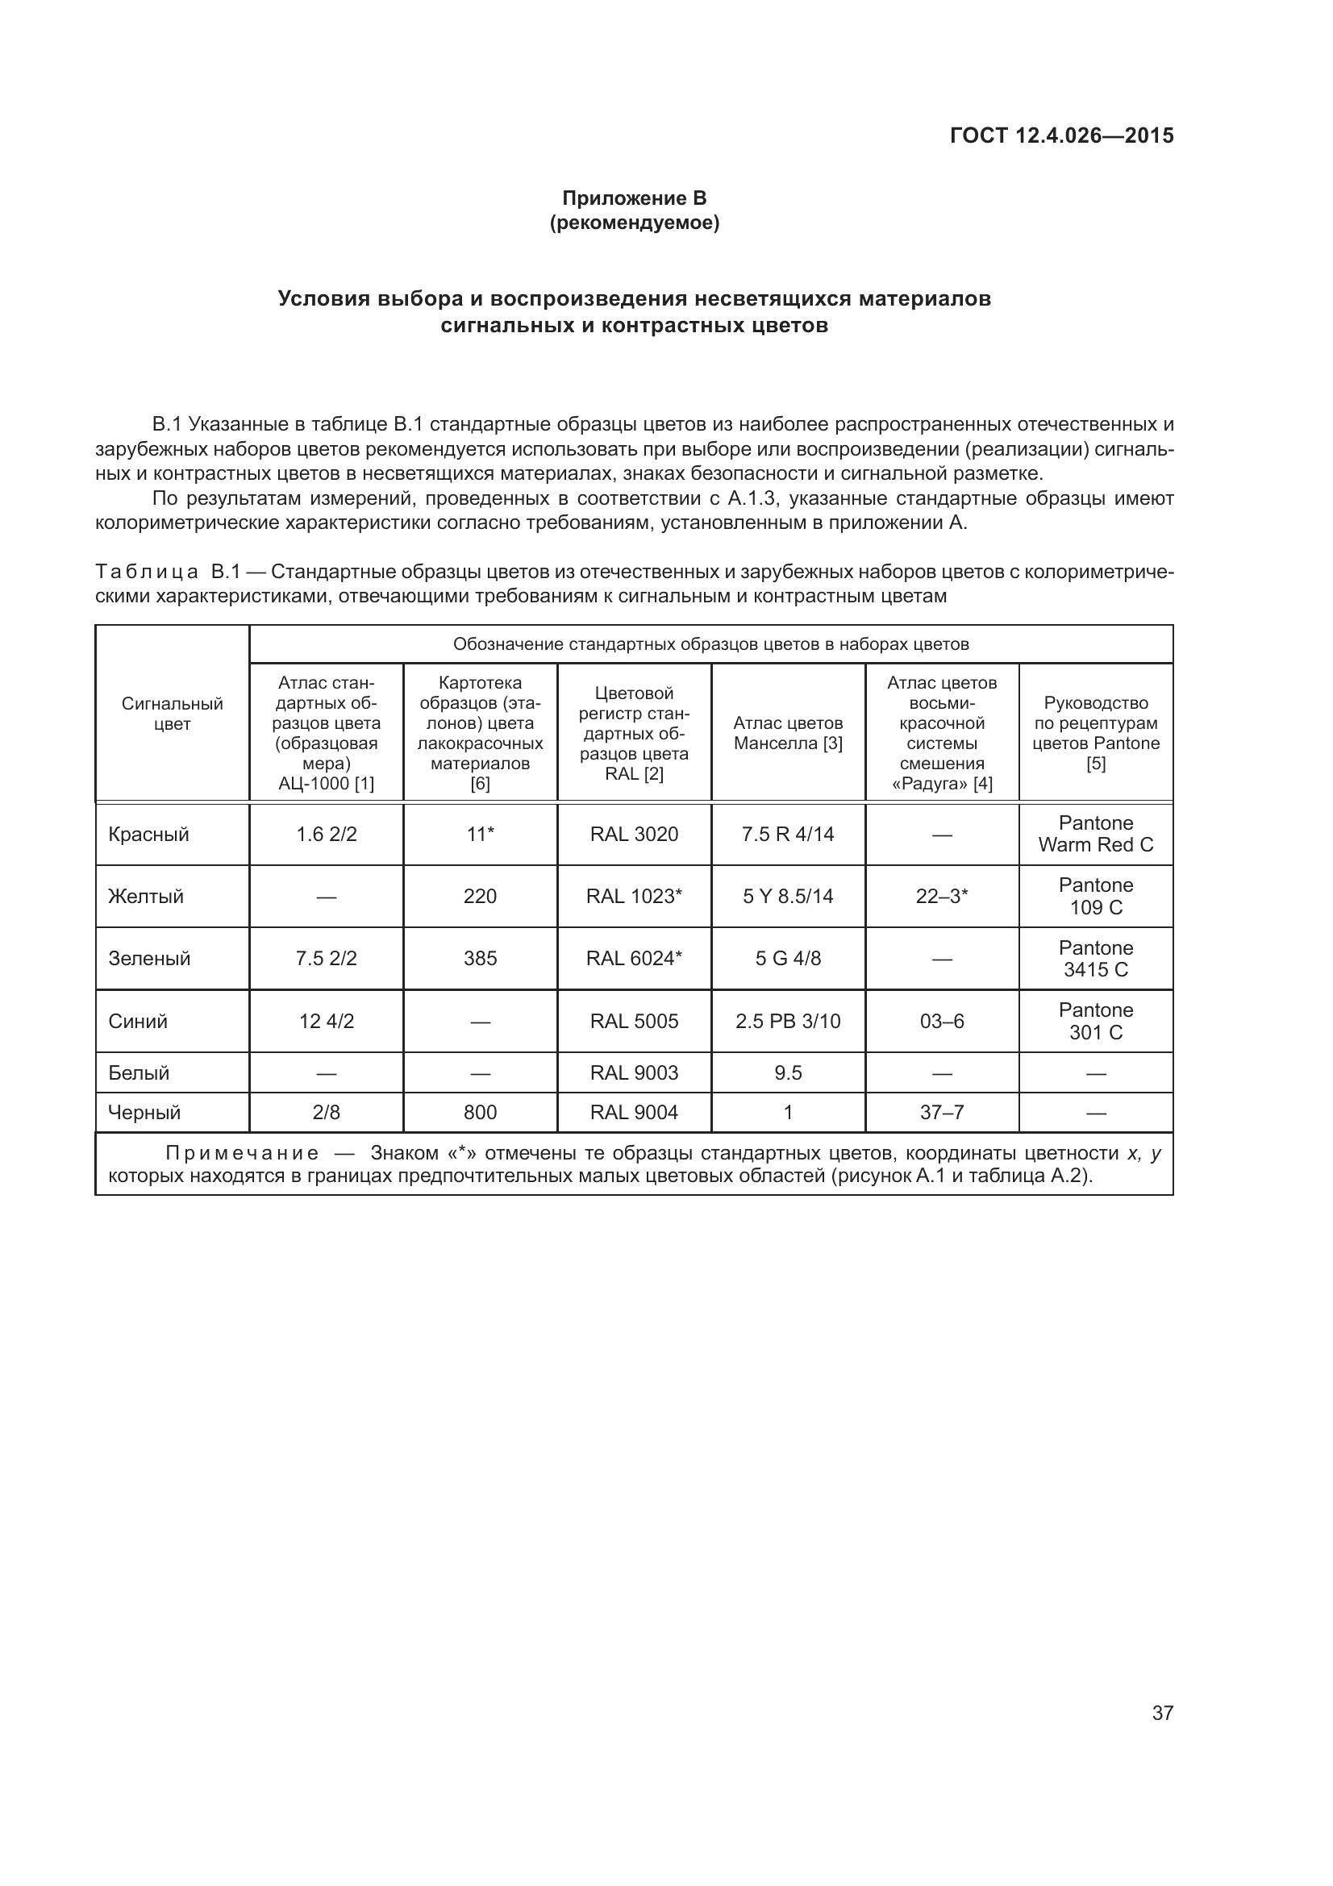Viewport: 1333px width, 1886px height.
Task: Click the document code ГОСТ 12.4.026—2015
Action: [1061, 135]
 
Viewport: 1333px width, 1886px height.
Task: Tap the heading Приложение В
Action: [634, 198]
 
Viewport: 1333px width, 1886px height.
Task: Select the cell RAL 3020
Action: [634, 835]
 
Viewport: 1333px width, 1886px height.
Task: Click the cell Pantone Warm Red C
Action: [1096, 834]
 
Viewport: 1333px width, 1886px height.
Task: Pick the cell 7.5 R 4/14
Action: [788, 835]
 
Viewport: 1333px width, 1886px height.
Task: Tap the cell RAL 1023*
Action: [634, 896]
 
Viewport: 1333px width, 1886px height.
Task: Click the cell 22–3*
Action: [942, 896]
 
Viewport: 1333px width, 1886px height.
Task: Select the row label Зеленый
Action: [149, 959]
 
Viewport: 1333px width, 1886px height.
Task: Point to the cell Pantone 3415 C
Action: [1096, 959]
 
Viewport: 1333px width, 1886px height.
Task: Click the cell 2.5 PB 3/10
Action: [788, 1021]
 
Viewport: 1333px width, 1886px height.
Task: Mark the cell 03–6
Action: [942, 1021]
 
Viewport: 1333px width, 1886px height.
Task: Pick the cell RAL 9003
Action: [634, 1072]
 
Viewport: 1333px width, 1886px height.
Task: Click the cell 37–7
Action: [942, 1112]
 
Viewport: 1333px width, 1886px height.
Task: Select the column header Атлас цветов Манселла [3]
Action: [788, 733]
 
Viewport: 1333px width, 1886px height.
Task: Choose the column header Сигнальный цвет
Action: [173, 714]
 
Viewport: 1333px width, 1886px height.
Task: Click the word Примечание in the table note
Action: [242, 1153]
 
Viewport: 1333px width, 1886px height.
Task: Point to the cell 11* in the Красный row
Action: [481, 835]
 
